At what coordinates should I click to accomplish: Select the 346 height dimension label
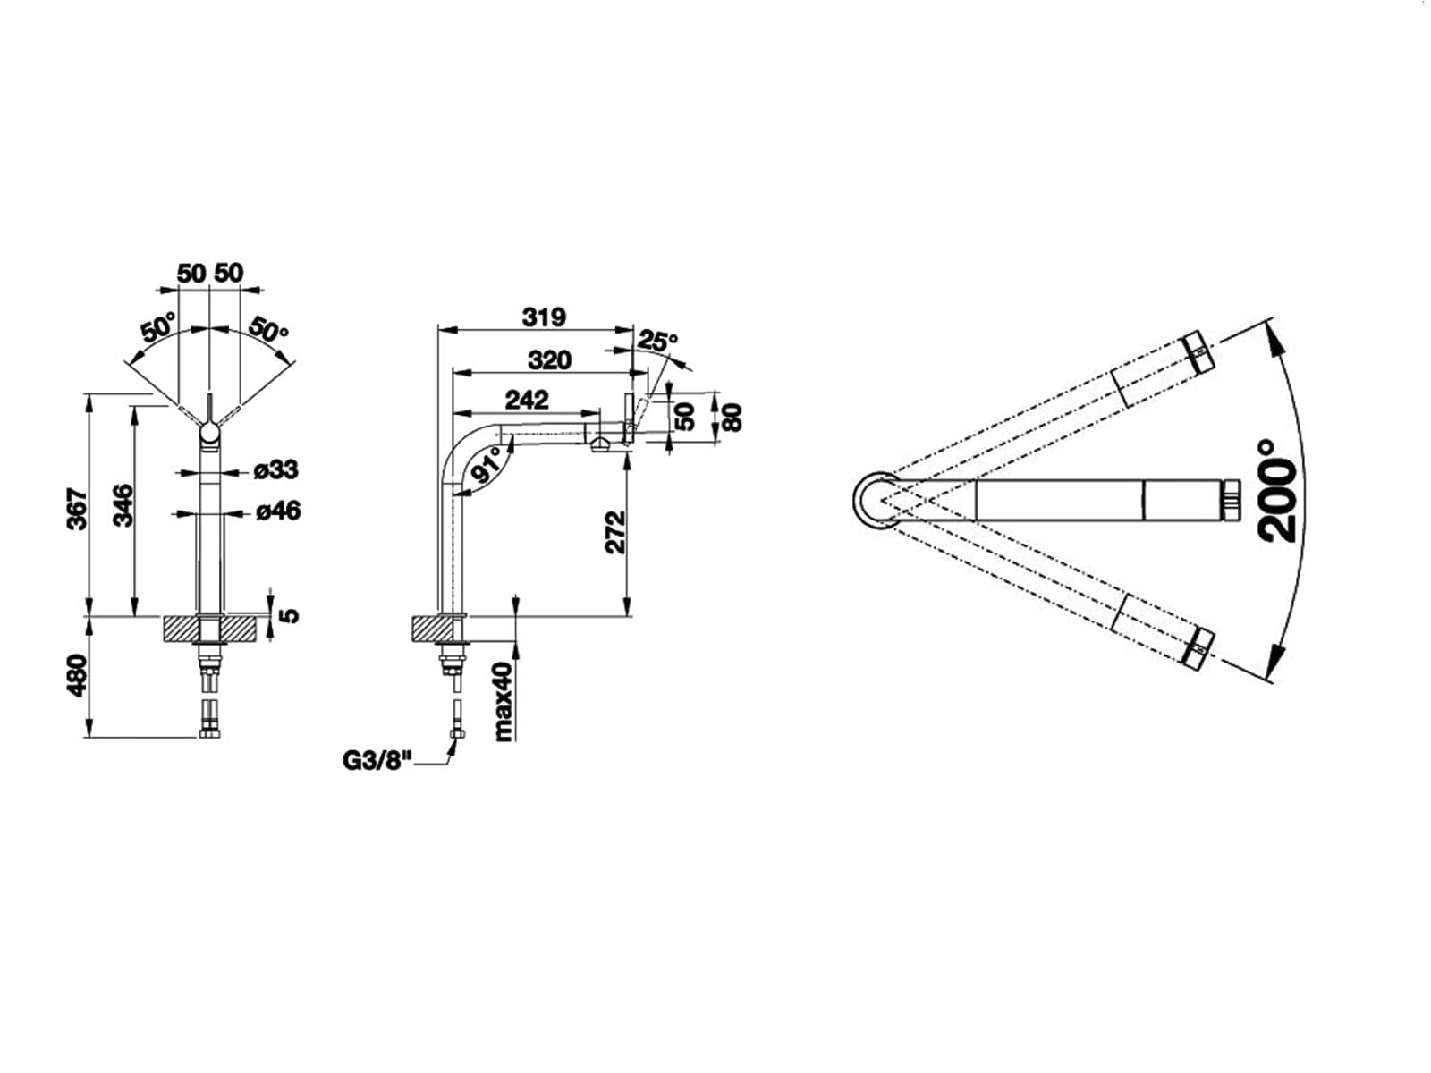pyautogui.click(x=123, y=505)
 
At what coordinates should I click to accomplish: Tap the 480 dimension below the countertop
pyautogui.click(x=78, y=676)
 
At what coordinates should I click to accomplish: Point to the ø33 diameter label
pyautogui.click(x=275, y=469)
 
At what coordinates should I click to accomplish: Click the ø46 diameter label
pyautogui.click(x=278, y=511)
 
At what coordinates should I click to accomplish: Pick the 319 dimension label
pyautogui.click(x=544, y=317)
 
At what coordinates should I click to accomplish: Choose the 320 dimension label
pyautogui.click(x=549, y=359)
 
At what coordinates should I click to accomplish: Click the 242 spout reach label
pyautogui.click(x=527, y=400)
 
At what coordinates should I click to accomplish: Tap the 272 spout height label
pyautogui.click(x=614, y=532)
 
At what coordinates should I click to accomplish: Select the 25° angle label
pyautogui.click(x=657, y=340)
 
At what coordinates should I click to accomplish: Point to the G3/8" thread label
pyautogui.click(x=377, y=760)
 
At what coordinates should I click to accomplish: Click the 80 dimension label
pyautogui.click(x=732, y=418)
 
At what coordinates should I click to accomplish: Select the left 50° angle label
pyautogui.click(x=158, y=326)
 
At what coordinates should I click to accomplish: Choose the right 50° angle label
pyautogui.click(x=268, y=329)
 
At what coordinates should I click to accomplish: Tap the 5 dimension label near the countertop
pyautogui.click(x=292, y=616)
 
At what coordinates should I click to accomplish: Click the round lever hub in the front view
pyautogui.click(x=209, y=433)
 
